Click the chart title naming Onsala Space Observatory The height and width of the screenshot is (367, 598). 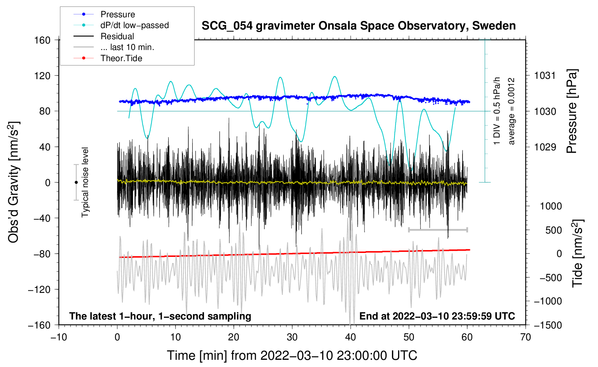pos(358,26)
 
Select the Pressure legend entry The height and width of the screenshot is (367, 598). pos(117,14)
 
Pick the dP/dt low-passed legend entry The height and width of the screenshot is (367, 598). pos(134,25)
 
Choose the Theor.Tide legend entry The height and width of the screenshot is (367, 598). pos(121,58)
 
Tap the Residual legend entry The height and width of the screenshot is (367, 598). pos(117,36)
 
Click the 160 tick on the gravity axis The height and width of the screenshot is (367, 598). pos(43,40)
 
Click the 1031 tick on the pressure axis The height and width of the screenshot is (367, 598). pos(545,76)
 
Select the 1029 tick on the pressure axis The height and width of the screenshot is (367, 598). pos(545,147)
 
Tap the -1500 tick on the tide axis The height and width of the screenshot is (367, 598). pos(548,325)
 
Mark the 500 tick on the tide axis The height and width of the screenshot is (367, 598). pos(553,230)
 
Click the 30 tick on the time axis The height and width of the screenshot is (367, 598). pos(292,337)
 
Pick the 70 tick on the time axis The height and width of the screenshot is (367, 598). pos(526,337)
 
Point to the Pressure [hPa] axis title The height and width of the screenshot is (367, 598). pos(572,111)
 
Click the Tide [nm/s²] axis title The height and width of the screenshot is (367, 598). pos(577,253)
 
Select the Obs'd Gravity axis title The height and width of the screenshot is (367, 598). pos(14,182)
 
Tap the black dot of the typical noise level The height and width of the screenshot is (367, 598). pos(76,182)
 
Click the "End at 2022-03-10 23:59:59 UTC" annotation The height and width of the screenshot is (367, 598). pos(437,316)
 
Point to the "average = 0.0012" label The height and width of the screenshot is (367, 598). pos(512,111)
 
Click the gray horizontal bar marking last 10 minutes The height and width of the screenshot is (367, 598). pos(438,230)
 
